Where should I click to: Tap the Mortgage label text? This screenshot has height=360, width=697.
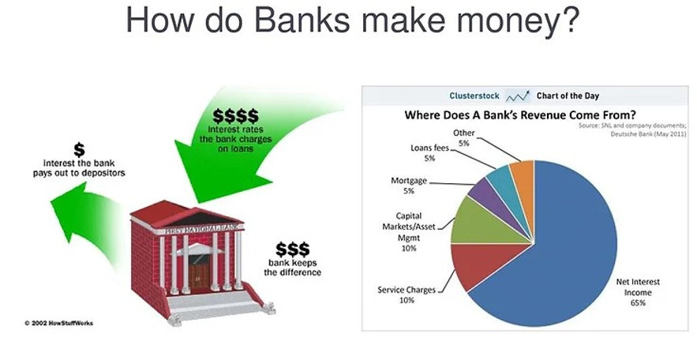click(x=409, y=181)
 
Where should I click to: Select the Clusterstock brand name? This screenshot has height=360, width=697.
click(x=474, y=96)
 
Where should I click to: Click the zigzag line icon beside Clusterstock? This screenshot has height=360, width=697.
click(x=518, y=96)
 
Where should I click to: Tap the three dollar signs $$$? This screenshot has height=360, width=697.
click(x=292, y=247)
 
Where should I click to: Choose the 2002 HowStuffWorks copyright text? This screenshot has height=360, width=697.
click(x=58, y=324)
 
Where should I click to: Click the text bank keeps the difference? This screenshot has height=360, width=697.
click(x=293, y=267)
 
